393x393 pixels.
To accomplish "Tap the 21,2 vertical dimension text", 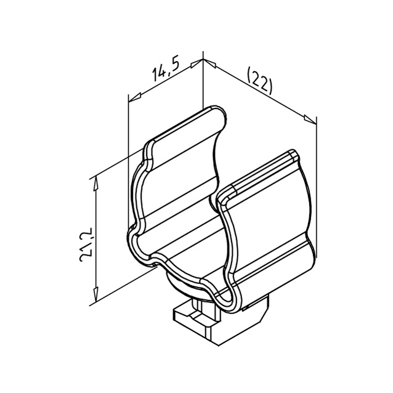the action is coord(86,245).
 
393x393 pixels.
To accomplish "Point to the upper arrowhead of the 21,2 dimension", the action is coord(96,184).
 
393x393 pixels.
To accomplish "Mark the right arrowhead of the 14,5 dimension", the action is coord(197,63).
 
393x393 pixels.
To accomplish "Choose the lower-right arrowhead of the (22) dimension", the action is coord(310,119).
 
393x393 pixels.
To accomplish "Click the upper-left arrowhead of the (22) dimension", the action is coord(209,63).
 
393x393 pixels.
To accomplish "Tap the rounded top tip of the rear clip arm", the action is coord(216,109).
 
